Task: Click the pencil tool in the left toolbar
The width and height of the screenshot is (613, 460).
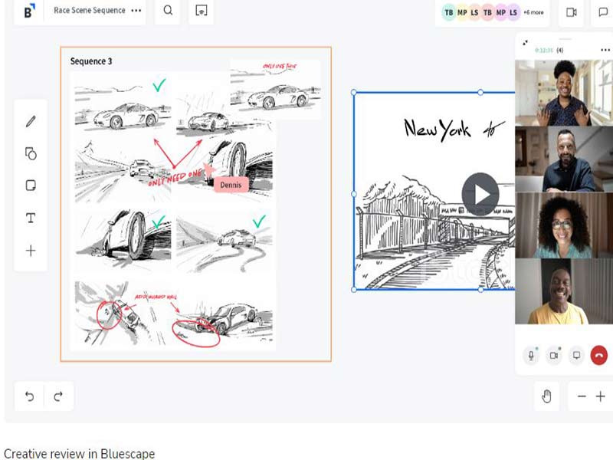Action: pyautogui.click(x=31, y=121)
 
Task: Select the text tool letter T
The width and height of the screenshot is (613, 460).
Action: pyautogui.click(x=31, y=219)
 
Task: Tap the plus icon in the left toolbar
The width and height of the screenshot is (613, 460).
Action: pyautogui.click(x=31, y=251)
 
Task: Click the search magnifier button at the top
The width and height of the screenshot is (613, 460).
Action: pyautogui.click(x=168, y=11)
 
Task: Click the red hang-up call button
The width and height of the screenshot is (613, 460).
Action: pyautogui.click(x=599, y=356)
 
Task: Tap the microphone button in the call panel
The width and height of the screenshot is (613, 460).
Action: pyautogui.click(x=530, y=356)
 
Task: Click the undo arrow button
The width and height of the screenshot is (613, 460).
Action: pyautogui.click(x=30, y=396)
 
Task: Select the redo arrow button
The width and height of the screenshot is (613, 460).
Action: pyautogui.click(x=58, y=396)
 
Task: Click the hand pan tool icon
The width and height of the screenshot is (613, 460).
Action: pyautogui.click(x=547, y=396)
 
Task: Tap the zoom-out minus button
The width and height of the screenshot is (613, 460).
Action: pyautogui.click(x=582, y=396)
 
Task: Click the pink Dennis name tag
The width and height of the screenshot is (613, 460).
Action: pyautogui.click(x=231, y=184)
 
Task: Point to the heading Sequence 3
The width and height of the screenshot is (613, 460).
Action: pyautogui.click(x=91, y=61)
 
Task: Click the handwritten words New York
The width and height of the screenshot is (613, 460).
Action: pyautogui.click(x=438, y=129)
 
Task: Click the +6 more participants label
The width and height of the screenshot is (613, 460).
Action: pyautogui.click(x=533, y=12)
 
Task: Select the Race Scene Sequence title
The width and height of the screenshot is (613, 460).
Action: pyautogui.click(x=89, y=11)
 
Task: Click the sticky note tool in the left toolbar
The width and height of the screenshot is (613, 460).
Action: pyautogui.click(x=31, y=186)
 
